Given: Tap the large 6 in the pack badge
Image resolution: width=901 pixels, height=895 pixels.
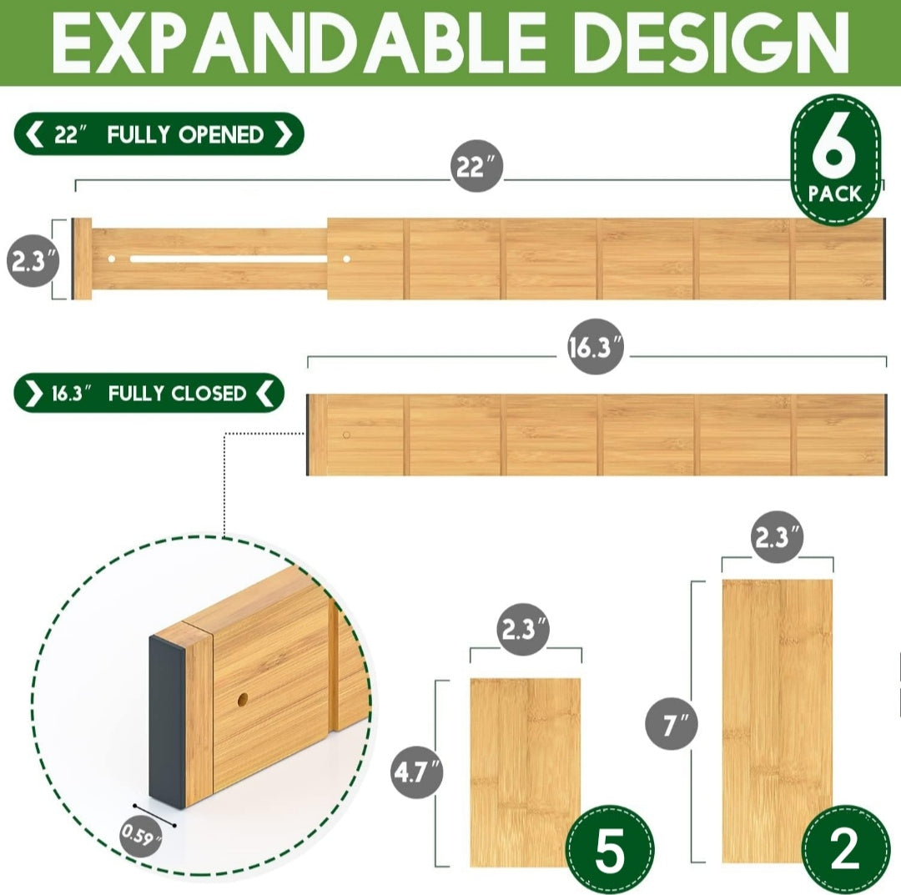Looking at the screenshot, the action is (834, 147).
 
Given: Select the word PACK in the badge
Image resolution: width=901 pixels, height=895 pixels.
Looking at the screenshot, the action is (835, 194).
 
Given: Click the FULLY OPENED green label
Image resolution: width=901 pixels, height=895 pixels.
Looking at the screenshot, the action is (159, 134).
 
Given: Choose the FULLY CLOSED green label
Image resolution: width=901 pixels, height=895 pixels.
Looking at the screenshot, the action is (148, 394).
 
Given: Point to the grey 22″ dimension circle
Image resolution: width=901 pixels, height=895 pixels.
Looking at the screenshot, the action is (476, 166).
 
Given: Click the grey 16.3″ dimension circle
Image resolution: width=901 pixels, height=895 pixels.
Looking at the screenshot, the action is (596, 346).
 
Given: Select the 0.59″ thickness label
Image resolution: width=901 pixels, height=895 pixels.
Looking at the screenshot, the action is (141, 836).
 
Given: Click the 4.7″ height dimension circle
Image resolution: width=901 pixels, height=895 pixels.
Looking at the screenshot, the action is (418, 771).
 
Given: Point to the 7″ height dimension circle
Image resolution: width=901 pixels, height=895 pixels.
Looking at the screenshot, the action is (671, 723).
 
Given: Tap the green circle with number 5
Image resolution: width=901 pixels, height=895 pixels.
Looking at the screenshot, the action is (610, 849).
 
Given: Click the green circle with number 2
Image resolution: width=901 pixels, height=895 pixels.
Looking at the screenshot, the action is (844, 849).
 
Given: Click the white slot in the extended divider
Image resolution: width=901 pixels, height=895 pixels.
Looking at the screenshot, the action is (229, 259).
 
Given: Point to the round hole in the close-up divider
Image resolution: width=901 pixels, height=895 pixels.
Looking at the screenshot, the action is (243, 699).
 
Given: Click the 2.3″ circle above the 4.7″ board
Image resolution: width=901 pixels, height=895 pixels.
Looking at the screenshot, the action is (523, 629).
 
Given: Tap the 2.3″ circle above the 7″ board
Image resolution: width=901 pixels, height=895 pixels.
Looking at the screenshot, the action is (777, 537).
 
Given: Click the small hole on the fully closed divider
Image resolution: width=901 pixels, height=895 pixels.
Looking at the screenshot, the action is (346, 435).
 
